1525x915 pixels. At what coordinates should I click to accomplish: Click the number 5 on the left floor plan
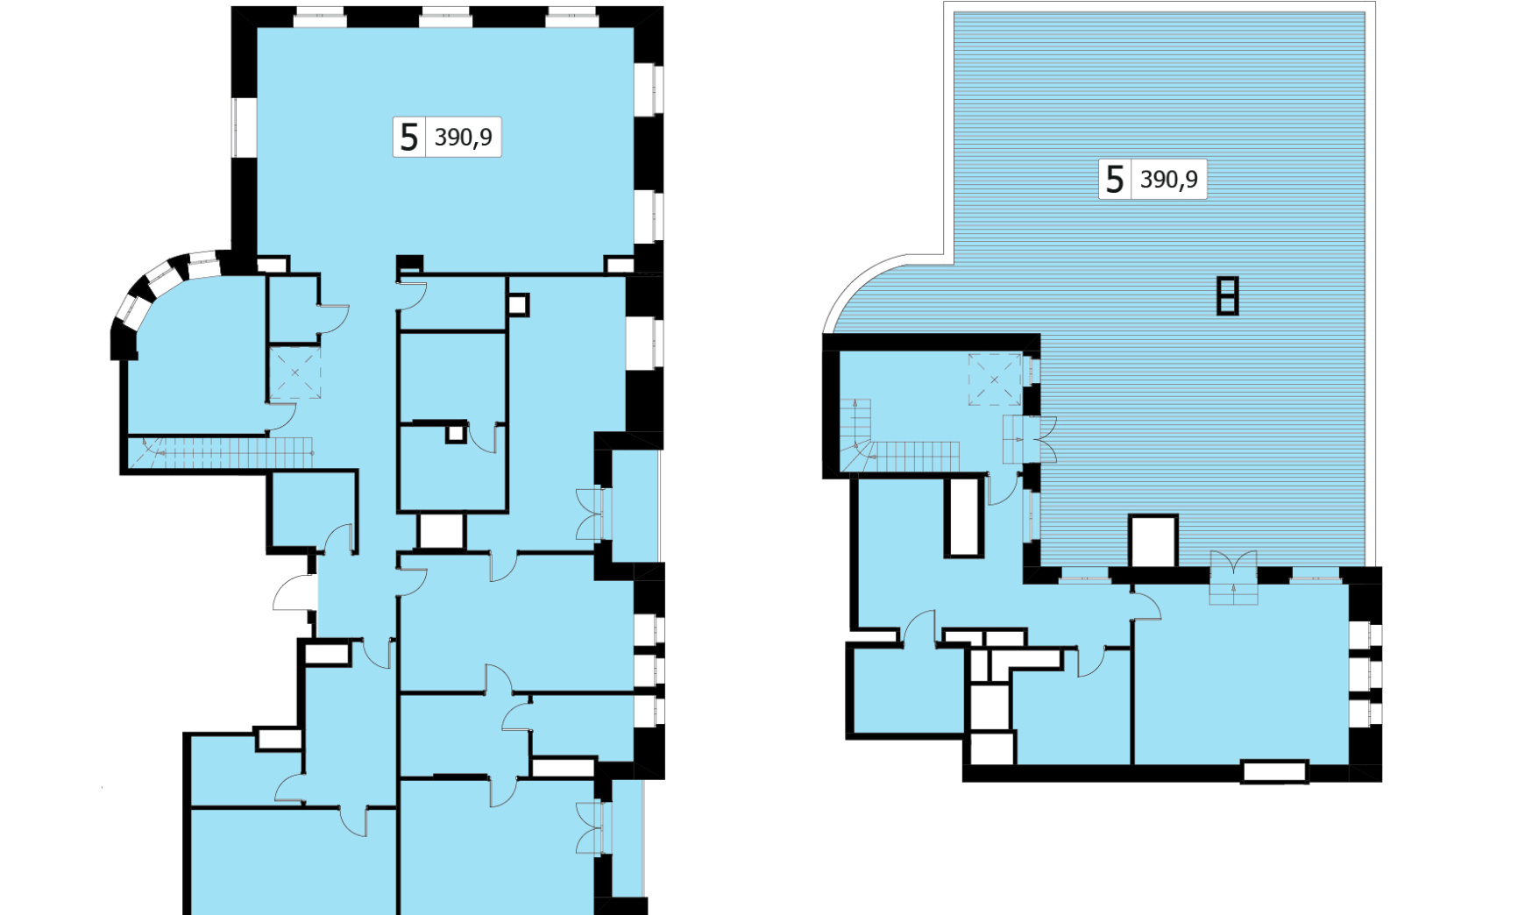(x=408, y=138)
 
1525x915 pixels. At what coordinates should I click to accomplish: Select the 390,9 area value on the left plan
(x=464, y=138)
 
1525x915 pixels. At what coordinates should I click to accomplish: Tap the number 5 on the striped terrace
(x=1114, y=180)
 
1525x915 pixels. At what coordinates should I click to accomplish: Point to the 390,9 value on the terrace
(x=1169, y=180)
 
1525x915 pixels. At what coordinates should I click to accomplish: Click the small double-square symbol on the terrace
(x=1227, y=295)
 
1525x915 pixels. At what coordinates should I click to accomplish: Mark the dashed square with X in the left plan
(x=295, y=373)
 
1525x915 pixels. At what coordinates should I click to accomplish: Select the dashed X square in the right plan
(x=995, y=379)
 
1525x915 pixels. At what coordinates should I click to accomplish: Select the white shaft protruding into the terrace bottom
(x=1153, y=541)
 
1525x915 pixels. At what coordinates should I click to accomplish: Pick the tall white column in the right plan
(x=963, y=516)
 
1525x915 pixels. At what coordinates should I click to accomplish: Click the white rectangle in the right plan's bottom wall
(x=1274, y=772)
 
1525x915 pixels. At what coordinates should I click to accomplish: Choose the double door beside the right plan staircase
(x=1030, y=439)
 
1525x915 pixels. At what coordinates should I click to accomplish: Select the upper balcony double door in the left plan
(x=592, y=514)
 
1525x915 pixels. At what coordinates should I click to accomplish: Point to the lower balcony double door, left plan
(x=592, y=828)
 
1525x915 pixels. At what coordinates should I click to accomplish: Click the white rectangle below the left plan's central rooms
(x=441, y=531)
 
